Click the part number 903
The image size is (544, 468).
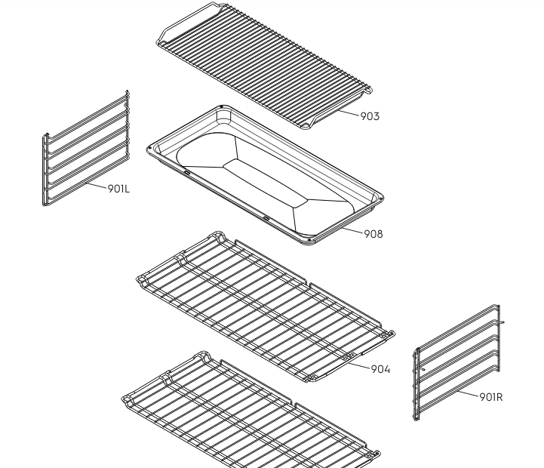click(370, 116)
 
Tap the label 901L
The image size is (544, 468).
click(118, 189)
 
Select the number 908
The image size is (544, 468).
click(373, 234)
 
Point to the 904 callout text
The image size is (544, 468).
click(380, 369)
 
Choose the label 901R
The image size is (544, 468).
click(491, 396)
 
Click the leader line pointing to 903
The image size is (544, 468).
click(348, 112)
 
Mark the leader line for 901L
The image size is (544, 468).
click(96, 186)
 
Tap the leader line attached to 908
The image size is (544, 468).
click(352, 230)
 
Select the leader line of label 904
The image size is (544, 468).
click(358, 365)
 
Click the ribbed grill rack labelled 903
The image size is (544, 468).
click(263, 66)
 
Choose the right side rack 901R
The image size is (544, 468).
click(458, 363)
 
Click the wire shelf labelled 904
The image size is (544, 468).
click(266, 307)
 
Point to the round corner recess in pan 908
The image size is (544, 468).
click(223, 116)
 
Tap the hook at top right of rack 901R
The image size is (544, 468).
click(501, 322)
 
